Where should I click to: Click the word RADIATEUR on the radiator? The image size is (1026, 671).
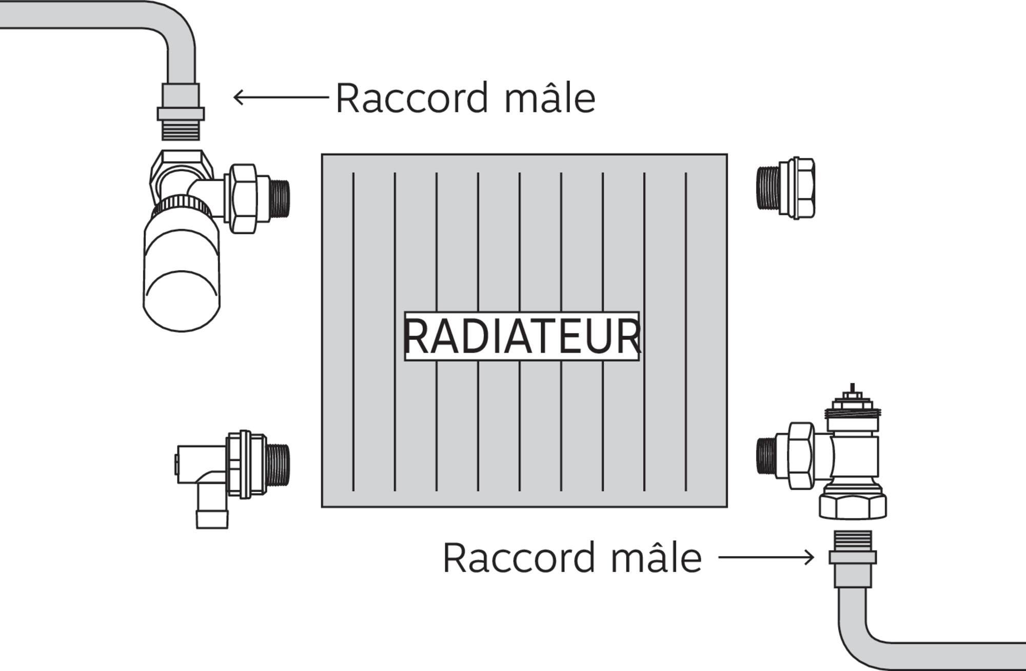tap(522, 336)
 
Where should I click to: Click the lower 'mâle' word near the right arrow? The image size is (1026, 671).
tap(656, 557)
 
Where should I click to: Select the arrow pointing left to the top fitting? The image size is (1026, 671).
tap(280, 97)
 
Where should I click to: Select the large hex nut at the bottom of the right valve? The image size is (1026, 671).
tap(852, 505)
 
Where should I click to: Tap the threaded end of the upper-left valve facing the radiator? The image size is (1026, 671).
tap(280, 197)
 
